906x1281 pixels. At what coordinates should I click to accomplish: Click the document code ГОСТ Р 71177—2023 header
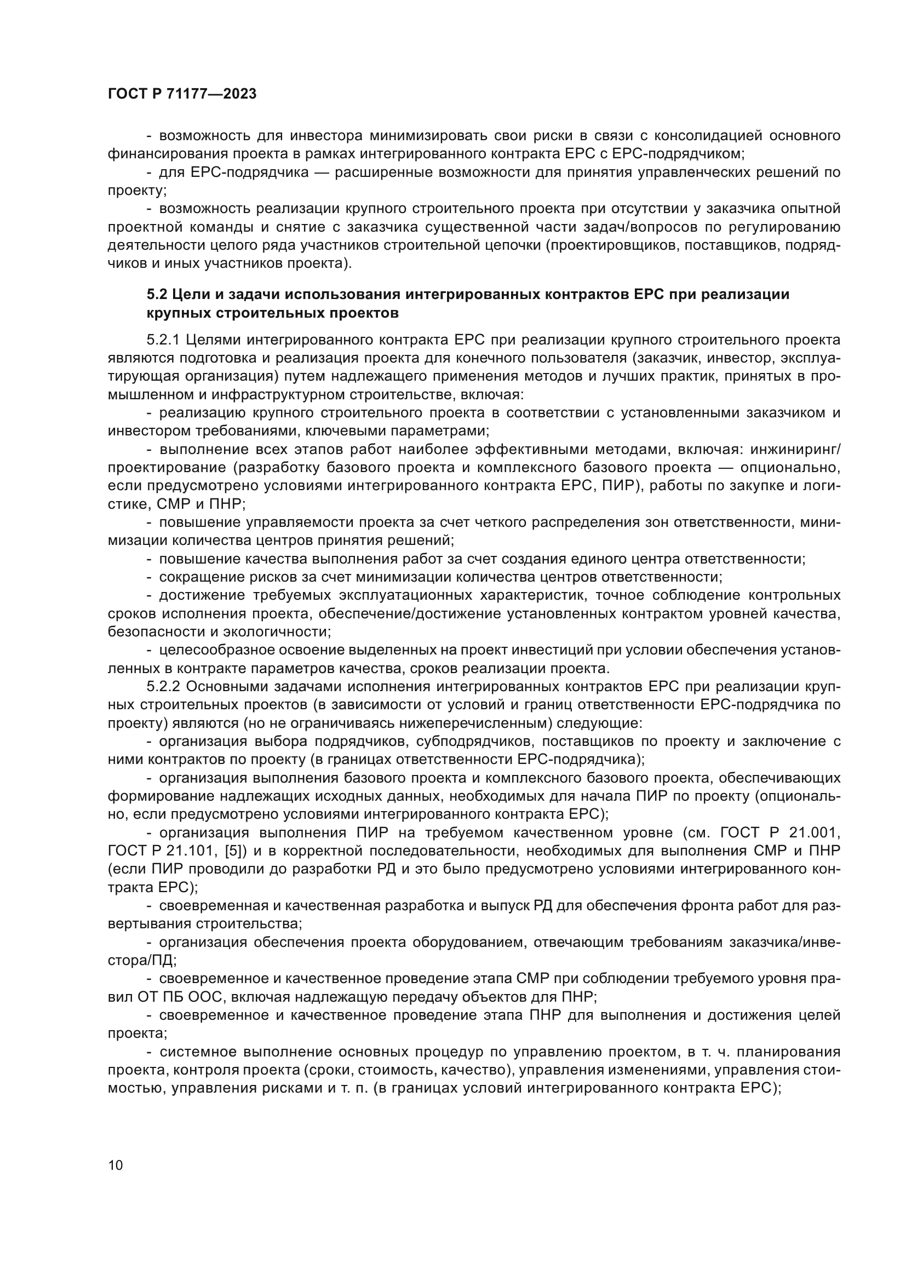pyautogui.click(x=182, y=94)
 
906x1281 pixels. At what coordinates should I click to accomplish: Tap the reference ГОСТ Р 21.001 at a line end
pyautogui.click(x=780, y=833)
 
